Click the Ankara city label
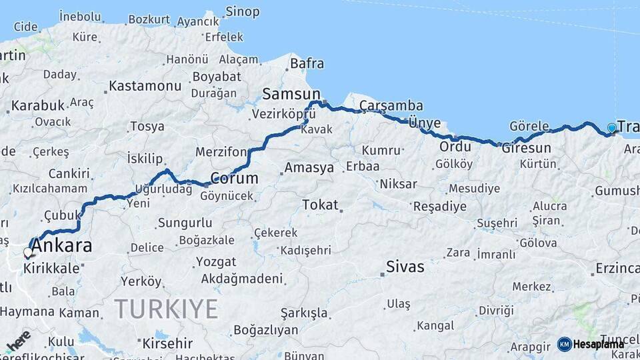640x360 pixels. point(61,246)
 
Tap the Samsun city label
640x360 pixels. point(291,93)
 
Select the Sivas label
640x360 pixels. point(405,267)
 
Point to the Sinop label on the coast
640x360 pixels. point(242,11)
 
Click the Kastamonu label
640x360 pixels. point(145,86)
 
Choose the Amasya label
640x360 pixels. point(309,168)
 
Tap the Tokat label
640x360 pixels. point(320,205)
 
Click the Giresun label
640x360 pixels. point(527,148)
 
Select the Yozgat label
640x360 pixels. point(215,261)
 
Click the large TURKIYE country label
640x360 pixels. point(166,309)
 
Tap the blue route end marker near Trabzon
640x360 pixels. point(612,128)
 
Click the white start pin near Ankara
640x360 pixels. point(28,253)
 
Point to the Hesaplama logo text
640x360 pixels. point(599,344)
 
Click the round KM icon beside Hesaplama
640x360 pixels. point(565,344)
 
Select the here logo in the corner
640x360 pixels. point(18,340)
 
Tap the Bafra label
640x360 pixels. point(307,64)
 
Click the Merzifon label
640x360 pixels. point(221,152)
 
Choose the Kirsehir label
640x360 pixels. point(167,344)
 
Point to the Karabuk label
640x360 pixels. point(38,105)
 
